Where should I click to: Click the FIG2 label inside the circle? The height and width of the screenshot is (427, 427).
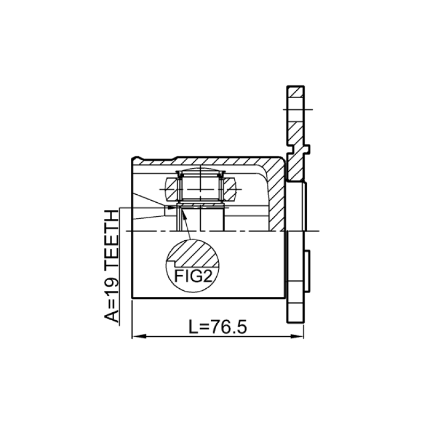coord(193,276)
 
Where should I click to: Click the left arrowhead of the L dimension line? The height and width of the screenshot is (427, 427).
coord(139,337)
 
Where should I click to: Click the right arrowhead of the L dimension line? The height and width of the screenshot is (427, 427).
coord(297,337)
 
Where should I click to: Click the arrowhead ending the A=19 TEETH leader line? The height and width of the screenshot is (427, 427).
coord(171,208)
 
